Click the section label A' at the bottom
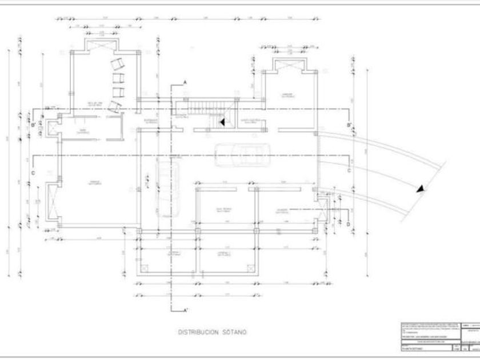[185, 310]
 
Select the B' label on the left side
[34, 124]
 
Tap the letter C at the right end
[349, 171]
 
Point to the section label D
[348, 225]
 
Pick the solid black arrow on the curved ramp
[421, 189]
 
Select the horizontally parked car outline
[242, 153]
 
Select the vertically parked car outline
[166, 189]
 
